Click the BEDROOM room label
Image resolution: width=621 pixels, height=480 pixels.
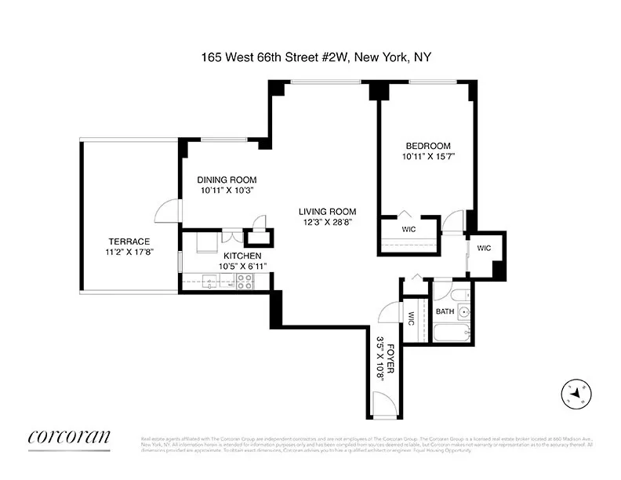427,146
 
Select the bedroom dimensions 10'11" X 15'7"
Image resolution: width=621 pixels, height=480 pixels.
427,157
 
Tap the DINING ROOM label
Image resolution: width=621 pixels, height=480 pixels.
227,180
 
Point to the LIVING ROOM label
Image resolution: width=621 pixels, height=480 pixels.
327,211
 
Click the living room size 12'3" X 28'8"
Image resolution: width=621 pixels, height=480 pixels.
327,222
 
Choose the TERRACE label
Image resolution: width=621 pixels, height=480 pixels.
129,241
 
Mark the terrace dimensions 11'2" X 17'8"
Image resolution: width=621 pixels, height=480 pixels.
129,252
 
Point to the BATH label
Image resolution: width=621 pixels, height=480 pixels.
445,312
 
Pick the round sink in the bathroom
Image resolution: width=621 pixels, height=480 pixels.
464,311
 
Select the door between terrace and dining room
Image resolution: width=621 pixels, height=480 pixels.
168,210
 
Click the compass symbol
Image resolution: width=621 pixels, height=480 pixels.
577,392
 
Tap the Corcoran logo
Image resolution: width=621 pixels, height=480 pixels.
69,437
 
